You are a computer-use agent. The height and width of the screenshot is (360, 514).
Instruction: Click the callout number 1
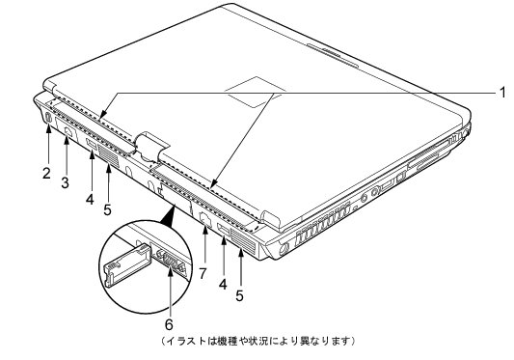point(503,93)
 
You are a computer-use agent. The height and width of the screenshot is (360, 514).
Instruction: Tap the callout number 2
point(47,173)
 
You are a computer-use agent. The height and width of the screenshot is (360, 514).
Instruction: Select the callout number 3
point(66,182)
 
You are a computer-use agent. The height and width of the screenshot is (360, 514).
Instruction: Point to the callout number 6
point(169,324)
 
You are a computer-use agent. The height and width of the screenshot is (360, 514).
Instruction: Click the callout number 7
point(203,273)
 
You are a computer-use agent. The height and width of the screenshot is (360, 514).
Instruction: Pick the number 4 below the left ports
point(90,199)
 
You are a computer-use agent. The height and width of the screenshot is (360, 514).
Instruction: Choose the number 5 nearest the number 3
point(107,209)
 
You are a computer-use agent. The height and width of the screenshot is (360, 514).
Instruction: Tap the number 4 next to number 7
point(223,284)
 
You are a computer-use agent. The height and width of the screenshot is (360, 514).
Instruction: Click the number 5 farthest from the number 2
point(239,295)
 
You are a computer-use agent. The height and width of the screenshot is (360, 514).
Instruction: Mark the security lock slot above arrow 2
point(48,118)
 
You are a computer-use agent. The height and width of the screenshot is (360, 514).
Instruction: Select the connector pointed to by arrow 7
point(204,218)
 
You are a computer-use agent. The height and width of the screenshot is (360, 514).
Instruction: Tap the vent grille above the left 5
point(108,155)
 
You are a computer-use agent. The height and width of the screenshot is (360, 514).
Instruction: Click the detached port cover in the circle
point(126,264)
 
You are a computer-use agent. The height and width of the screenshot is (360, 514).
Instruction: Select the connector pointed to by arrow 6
point(170,261)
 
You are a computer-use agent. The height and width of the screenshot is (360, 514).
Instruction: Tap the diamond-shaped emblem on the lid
point(256,93)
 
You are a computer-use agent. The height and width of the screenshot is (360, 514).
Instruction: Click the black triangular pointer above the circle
point(168,215)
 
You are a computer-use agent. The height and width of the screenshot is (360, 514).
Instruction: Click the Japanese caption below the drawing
point(258,341)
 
